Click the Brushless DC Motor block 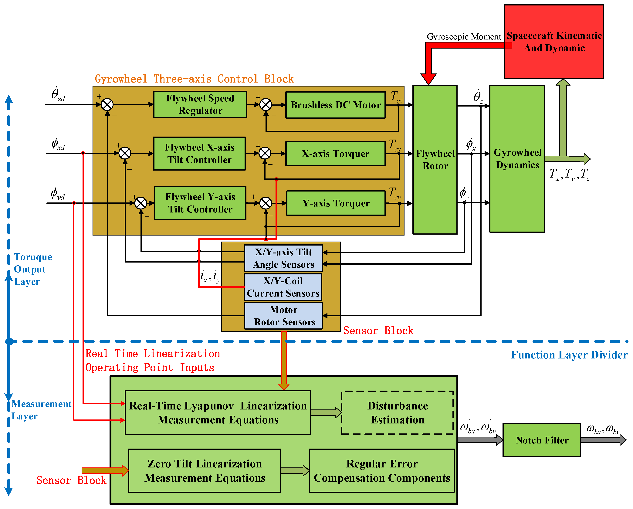pyautogui.click(x=335, y=105)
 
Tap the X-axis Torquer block pyautogui.click(x=335, y=154)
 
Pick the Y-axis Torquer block pyautogui.click(x=336, y=203)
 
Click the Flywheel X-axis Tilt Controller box pyautogui.click(x=199, y=153)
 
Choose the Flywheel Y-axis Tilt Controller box pyautogui.click(x=200, y=203)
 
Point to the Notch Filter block pyautogui.click(x=542, y=440)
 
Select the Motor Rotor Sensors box pyautogui.click(x=284, y=316)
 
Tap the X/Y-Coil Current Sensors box pyautogui.click(x=283, y=287)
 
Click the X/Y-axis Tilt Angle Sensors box pyautogui.click(x=284, y=258)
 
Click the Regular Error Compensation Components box pyautogui.click(x=382, y=470)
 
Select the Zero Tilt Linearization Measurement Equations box pyautogui.click(x=205, y=470)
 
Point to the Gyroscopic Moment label pyautogui.click(x=464, y=37)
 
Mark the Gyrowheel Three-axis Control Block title pyautogui.click(x=194, y=79)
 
